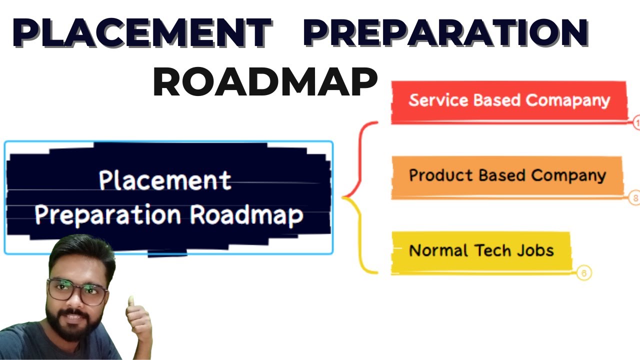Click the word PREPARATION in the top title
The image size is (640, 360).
[x=445, y=32]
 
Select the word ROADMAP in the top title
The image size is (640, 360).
[x=265, y=82]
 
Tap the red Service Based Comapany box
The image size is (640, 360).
[x=508, y=101]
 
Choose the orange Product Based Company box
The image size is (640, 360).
[x=507, y=176]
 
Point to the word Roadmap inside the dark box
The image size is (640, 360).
[x=246, y=215]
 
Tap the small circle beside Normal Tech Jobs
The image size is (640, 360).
[x=583, y=273]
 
